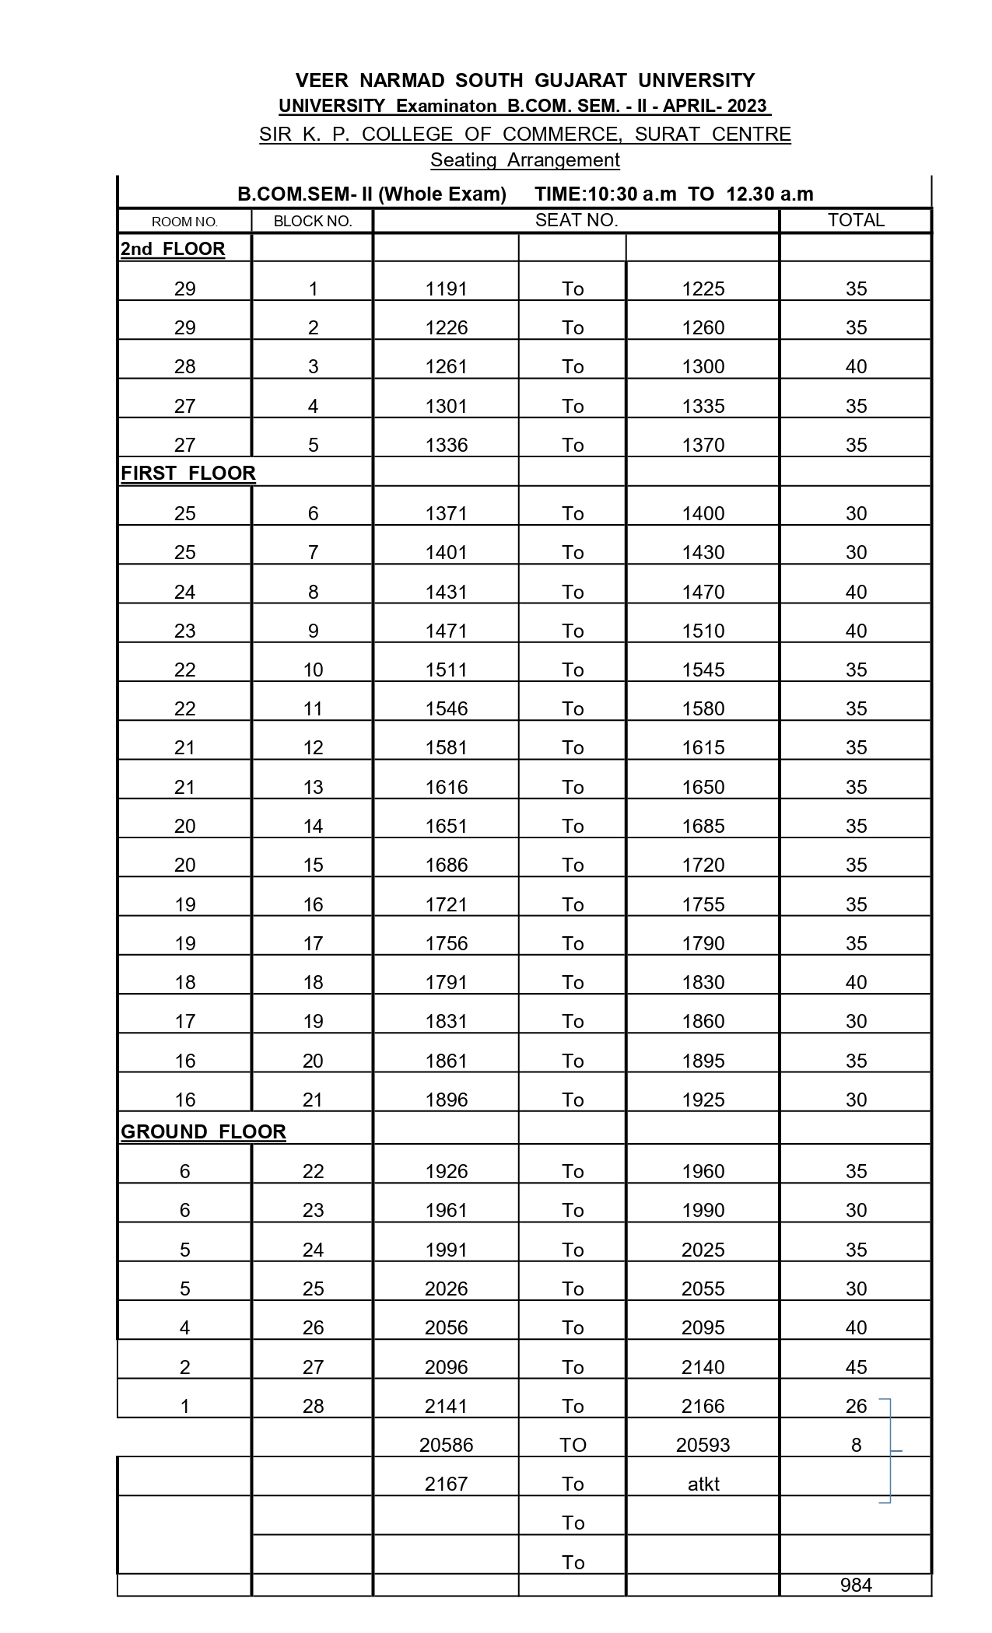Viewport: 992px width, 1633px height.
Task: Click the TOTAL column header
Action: [856, 220]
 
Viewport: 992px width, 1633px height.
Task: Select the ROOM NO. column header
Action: [184, 222]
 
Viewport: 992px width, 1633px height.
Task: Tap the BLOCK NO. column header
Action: [313, 222]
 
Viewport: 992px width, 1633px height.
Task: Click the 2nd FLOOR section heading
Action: [173, 249]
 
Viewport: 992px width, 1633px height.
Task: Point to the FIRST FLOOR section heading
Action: [188, 474]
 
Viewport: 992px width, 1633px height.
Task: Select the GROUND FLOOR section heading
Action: [203, 1131]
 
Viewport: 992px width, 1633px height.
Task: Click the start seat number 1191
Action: [447, 289]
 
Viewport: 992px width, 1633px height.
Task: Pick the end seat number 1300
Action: [703, 367]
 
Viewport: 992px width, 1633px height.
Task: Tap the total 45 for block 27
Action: [856, 1367]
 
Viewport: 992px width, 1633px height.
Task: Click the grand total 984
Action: [856, 1585]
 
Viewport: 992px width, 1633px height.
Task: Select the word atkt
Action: [703, 1484]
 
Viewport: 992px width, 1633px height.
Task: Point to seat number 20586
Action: [447, 1445]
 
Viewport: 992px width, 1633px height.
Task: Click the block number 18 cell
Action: [313, 982]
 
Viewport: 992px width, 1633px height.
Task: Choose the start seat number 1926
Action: [447, 1171]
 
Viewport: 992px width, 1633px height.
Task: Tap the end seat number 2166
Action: [703, 1406]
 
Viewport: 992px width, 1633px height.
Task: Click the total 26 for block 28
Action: [856, 1406]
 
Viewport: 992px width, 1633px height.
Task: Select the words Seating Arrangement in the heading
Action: [525, 160]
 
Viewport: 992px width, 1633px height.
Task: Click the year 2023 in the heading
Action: [747, 107]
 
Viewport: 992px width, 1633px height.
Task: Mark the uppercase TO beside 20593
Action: [573, 1445]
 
